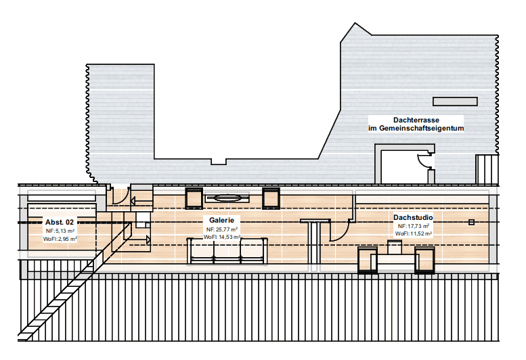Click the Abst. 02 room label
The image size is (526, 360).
point(60,222)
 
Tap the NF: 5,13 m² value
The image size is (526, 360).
point(60,231)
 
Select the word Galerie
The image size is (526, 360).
point(222,220)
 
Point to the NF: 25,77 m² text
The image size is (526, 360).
point(222,229)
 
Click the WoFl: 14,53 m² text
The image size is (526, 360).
point(222,237)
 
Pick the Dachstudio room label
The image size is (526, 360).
point(413,217)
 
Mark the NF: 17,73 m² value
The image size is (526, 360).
point(413,226)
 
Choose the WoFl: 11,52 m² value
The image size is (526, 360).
point(413,233)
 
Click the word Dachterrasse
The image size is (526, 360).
point(416,120)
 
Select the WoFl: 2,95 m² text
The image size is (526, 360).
point(60,239)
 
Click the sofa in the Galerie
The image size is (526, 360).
point(227,250)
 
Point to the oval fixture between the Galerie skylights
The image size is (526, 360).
point(227,198)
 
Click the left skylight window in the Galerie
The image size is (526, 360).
point(194,198)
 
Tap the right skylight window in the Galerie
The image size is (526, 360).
point(271,198)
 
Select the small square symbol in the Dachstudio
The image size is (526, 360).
point(471,222)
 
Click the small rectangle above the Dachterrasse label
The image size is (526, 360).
point(455,102)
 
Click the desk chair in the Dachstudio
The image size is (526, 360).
point(395,247)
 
